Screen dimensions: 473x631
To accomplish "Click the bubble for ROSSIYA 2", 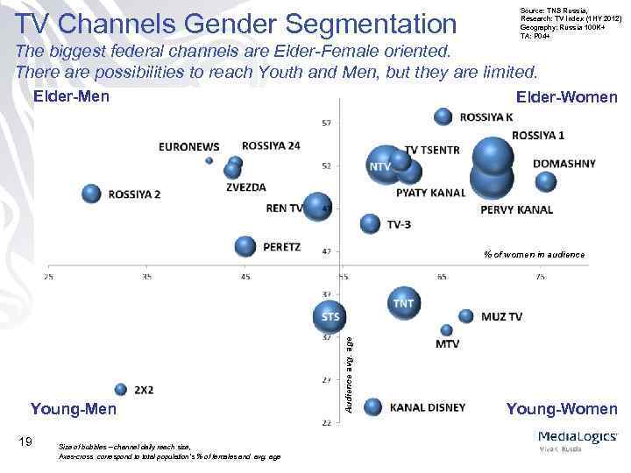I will coord(91,194).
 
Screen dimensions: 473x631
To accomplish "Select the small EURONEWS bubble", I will coord(209,160).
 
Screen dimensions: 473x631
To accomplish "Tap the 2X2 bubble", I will coord(121,389).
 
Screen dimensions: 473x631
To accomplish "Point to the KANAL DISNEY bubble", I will coord(372,406).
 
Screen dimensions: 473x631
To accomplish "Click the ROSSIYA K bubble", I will coord(443,116).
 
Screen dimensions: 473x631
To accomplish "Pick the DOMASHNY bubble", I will coord(546,181).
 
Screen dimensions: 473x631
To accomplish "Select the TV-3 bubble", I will coord(371,223).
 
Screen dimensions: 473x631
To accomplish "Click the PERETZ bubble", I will coord(246,246).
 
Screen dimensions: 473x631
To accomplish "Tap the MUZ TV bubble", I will coord(466,315).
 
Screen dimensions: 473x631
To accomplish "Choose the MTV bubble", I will coord(447,330).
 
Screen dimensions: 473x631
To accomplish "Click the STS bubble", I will coord(329,314).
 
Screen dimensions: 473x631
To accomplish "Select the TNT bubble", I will coord(402,303).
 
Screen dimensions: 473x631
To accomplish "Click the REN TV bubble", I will coord(316,207).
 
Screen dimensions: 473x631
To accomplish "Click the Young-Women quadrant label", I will coord(561,409).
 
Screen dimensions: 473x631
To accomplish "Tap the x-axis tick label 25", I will coord(48,278).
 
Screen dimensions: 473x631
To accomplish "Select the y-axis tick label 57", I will coord(326,123).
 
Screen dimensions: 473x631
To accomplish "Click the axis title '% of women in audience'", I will coord(534,254).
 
